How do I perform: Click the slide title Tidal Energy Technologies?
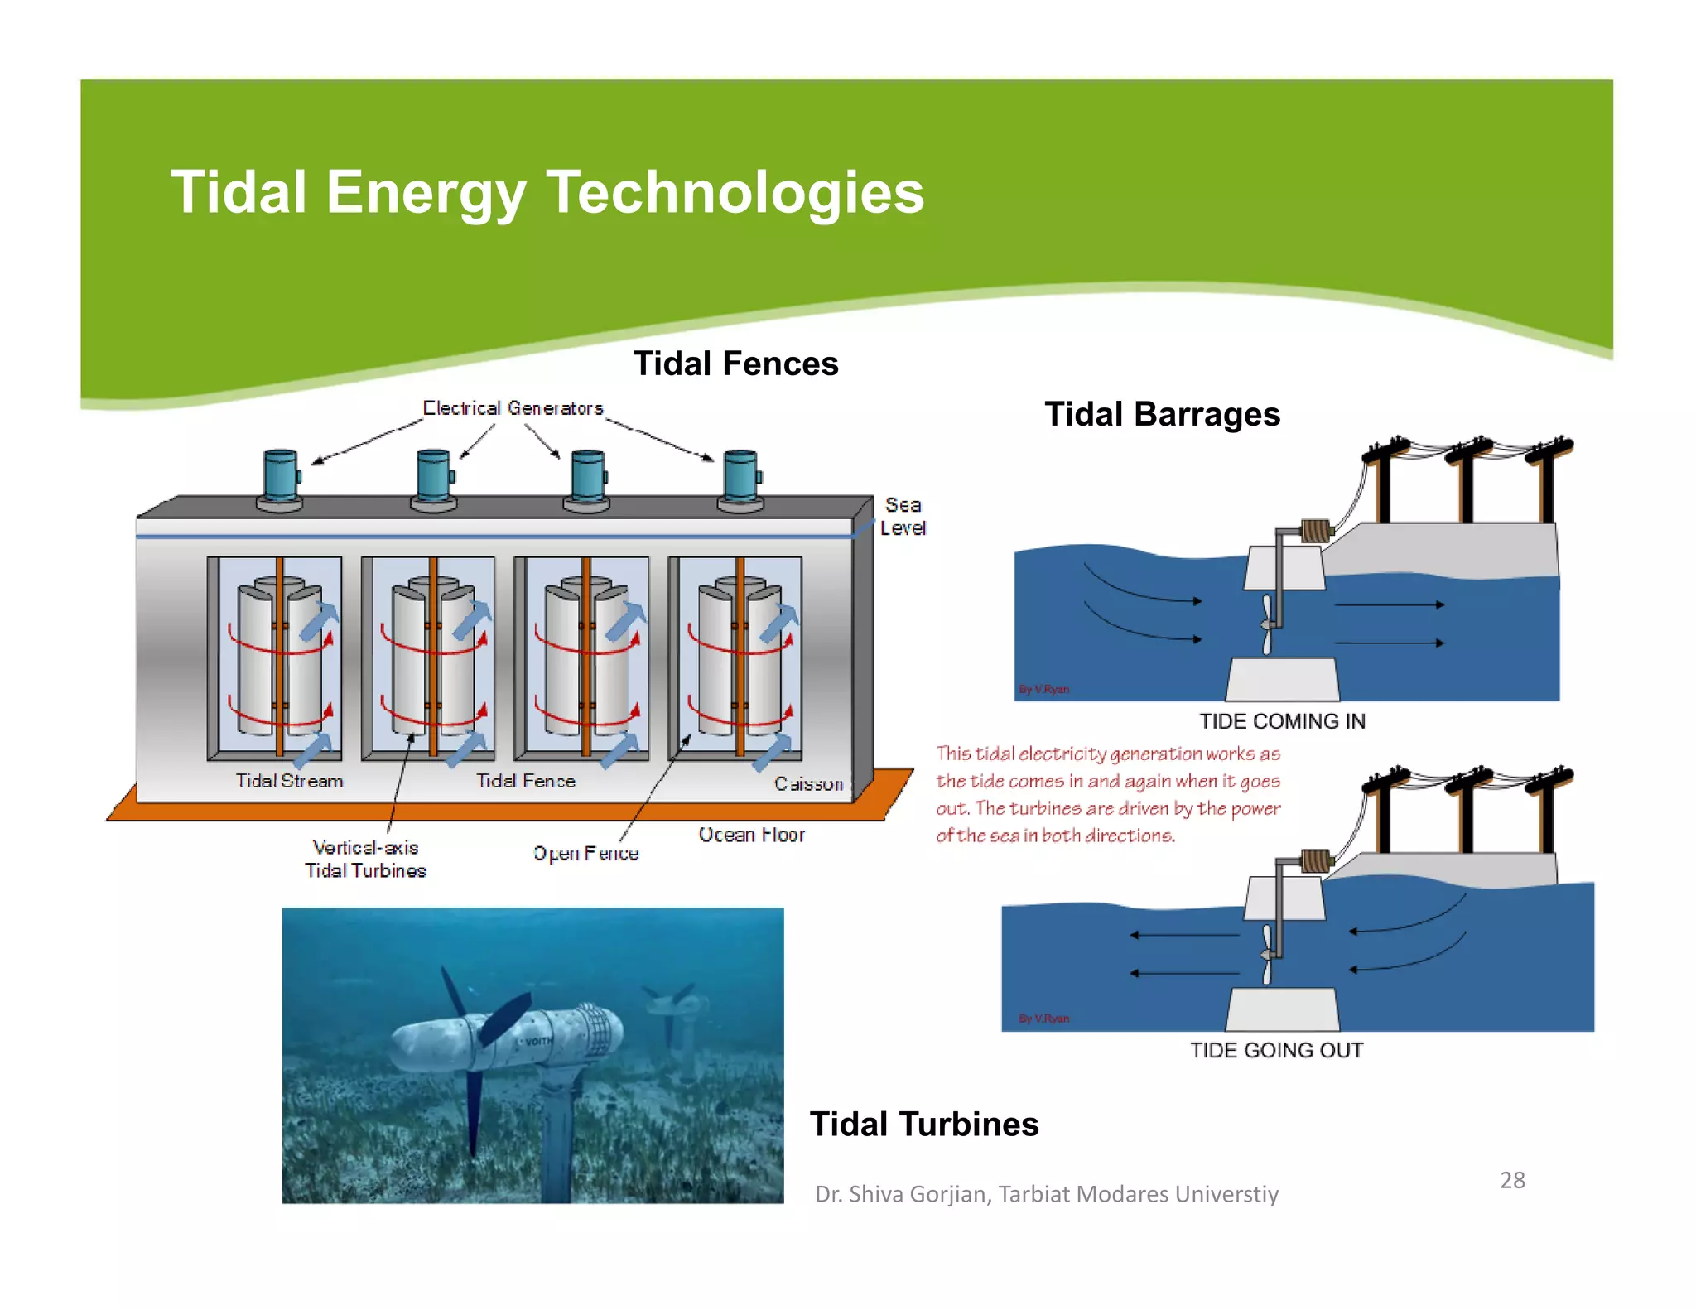[547, 192]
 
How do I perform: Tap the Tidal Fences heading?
[735, 364]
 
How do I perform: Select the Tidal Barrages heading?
[1162, 414]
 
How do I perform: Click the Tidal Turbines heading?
[923, 1124]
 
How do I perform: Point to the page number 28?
[1512, 1180]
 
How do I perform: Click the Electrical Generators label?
[513, 408]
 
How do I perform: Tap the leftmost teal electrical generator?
[281, 479]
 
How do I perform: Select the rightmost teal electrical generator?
[740, 479]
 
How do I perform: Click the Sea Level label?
[903, 516]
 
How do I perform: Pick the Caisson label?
[808, 783]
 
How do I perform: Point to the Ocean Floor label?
[751, 835]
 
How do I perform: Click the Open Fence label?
[585, 854]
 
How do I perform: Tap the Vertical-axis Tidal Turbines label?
[365, 859]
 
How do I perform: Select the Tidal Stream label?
[289, 781]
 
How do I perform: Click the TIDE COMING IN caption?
[1282, 721]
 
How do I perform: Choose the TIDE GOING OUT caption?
[1276, 1050]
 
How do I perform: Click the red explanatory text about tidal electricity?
[1108, 794]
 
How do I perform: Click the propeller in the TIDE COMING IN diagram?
[1266, 625]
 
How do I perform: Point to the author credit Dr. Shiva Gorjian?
[1046, 1194]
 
